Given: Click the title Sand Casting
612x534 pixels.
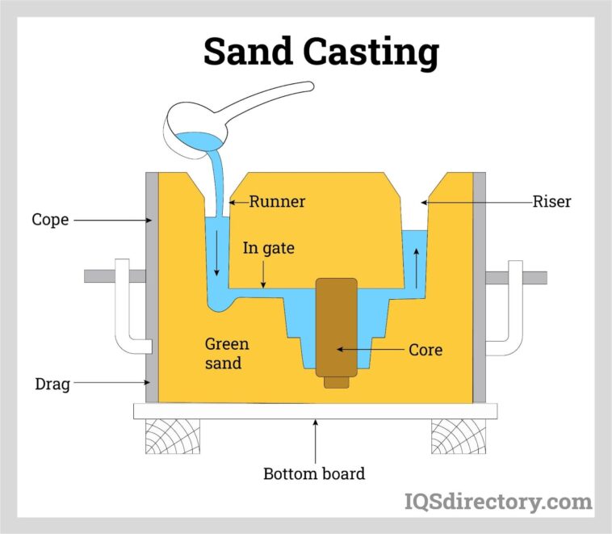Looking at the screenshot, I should coord(321,51).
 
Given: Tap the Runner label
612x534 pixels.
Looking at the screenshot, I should coord(277,202).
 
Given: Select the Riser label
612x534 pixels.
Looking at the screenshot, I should coord(551,202).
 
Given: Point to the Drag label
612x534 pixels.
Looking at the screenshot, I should coord(51,385).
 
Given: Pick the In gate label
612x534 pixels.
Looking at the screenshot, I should coord(270,248).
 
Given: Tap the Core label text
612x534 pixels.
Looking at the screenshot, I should coord(425,351).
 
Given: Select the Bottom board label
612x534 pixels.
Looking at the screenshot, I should coord(314,473).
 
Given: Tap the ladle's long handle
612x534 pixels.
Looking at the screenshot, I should coord(266,102).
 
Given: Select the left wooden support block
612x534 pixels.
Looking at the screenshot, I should coord(172,436).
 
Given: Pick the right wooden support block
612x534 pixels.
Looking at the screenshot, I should coord(458,436).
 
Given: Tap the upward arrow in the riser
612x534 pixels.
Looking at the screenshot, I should coord(416,267).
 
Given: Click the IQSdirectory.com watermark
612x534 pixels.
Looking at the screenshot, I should coord(497,502).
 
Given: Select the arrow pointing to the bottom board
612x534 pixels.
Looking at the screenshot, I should coord(315,439).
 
